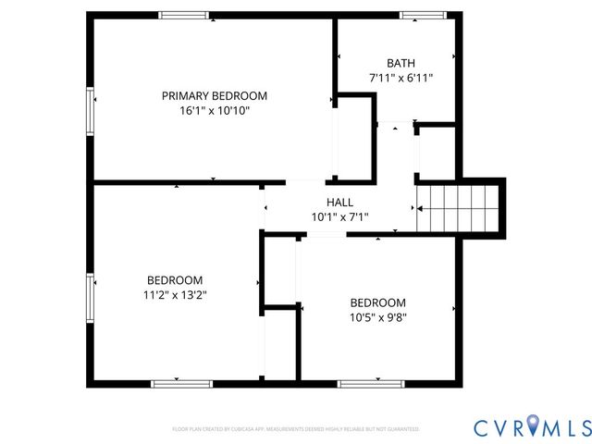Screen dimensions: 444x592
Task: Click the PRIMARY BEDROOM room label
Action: click(x=215, y=95)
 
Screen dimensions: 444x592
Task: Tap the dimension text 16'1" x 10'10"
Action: click(x=215, y=110)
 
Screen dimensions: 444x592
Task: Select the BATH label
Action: click(x=401, y=63)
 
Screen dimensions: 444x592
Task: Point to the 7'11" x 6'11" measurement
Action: click(x=401, y=79)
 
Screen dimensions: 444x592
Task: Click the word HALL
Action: click(x=339, y=203)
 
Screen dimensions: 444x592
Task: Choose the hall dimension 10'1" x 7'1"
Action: click(x=339, y=217)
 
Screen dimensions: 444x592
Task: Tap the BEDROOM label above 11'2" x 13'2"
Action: click(x=175, y=280)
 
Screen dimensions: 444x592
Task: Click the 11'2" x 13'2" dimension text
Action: click(x=175, y=295)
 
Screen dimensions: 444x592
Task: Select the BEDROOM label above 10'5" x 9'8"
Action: click(x=377, y=302)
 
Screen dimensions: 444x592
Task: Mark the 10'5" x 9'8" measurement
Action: click(x=377, y=317)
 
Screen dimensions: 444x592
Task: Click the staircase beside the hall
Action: click(x=460, y=207)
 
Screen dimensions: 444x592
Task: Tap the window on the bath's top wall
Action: click(x=422, y=15)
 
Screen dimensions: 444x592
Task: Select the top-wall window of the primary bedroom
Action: click(x=183, y=15)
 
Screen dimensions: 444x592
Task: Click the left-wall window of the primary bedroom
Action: click(x=91, y=113)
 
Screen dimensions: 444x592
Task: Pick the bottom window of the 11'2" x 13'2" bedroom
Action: click(x=176, y=383)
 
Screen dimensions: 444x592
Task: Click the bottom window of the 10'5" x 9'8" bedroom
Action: click(x=364, y=383)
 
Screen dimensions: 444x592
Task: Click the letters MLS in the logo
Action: click(x=565, y=426)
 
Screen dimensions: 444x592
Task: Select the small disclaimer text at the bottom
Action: click(x=296, y=429)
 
